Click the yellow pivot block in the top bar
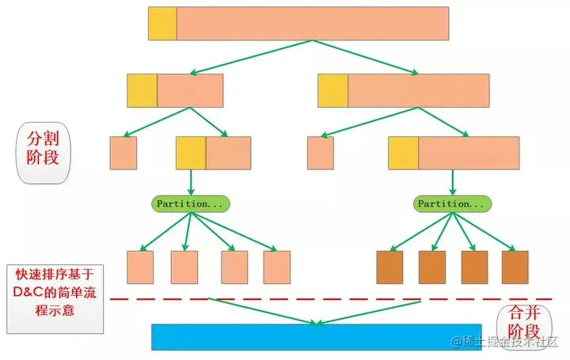pos(162,23)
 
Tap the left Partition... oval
pos(190,203)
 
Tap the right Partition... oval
pos(452,203)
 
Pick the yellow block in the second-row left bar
pos(142,90)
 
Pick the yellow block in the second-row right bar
pos(333,90)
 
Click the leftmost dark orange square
pos(390,267)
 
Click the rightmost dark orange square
pos(515,267)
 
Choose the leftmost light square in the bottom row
pos(140,267)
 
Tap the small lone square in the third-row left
pos(123,153)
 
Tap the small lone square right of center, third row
pos(321,153)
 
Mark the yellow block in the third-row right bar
pos(404,153)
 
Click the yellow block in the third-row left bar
pos(191,153)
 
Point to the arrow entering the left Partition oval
pos(191,182)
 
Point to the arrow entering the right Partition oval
pos(452,182)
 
